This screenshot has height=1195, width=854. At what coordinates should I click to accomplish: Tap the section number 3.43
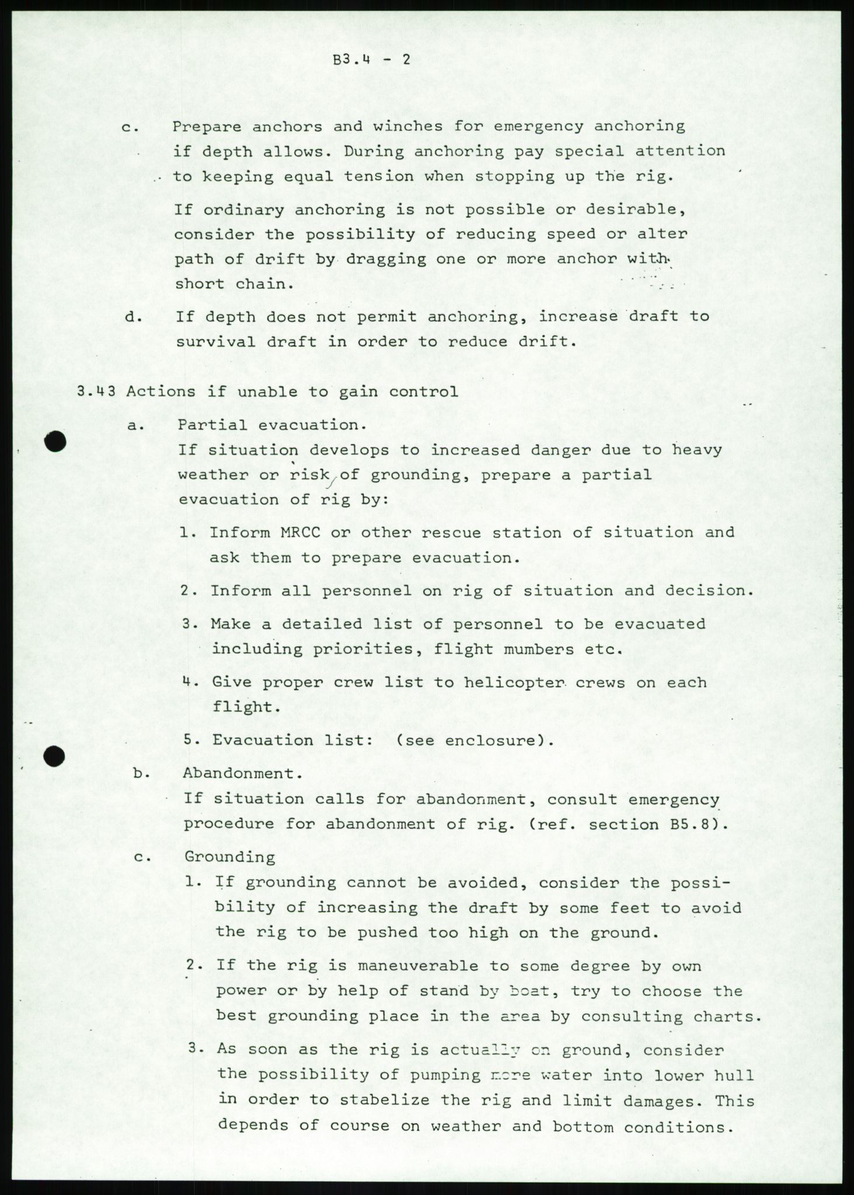[x=97, y=392]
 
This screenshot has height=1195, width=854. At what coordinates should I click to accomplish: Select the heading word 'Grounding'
[x=229, y=857]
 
